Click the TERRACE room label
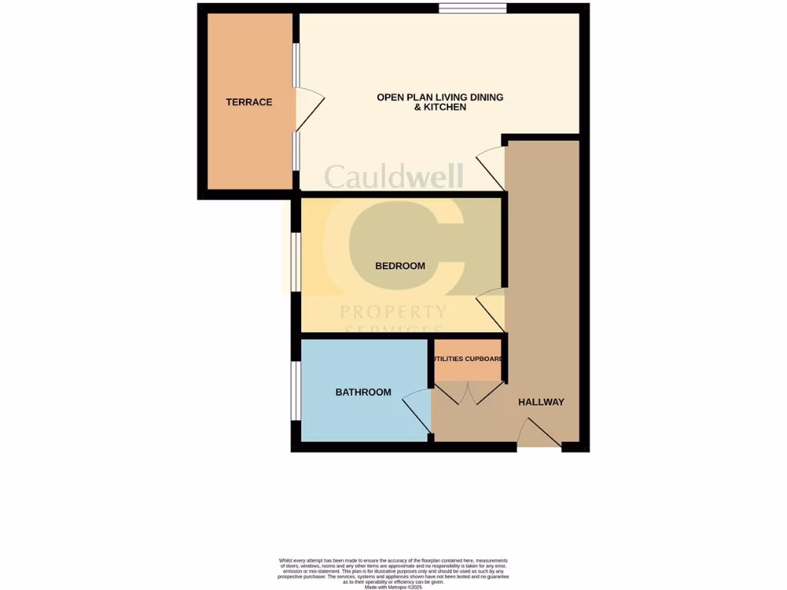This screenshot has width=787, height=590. point(248,102)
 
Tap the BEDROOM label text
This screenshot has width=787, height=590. point(400,266)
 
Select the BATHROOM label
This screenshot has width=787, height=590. point(363,393)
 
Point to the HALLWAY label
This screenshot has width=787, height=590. point(541,402)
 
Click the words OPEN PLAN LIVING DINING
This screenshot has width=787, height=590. point(440,97)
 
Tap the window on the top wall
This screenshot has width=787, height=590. point(473,8)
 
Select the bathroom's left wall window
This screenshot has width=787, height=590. point(295,391)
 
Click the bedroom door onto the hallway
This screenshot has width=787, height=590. point(491,307)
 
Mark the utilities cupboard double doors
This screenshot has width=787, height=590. point(467,393)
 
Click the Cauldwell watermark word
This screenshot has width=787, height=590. point(393,176)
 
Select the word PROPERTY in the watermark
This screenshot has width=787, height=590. point(393,312)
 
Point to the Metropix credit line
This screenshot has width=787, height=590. point(393,587)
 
